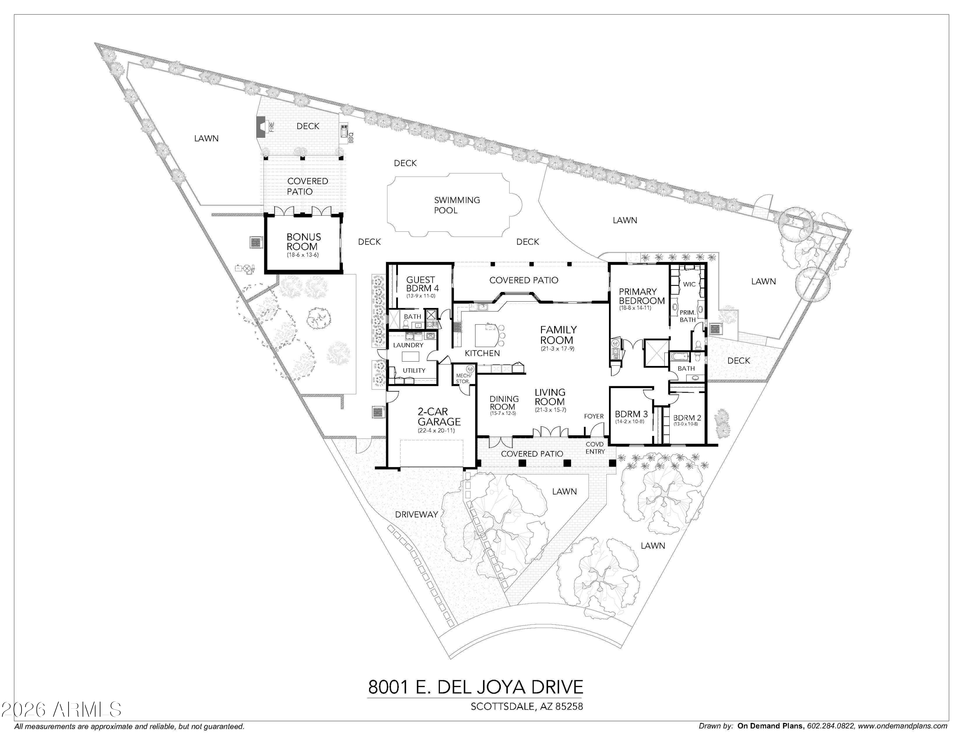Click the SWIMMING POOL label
(456, 205)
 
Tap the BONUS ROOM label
(303, 242)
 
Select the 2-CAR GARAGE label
(439, 416)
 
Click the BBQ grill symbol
(344, 131)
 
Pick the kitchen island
(486, 335)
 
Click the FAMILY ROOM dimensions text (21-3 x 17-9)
(557, 349)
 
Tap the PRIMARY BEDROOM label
(641, 296)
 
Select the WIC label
(689, 284)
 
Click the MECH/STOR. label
(463, 379)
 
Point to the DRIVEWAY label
(416, 514)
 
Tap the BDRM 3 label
(631, 414)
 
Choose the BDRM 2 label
(687, 418)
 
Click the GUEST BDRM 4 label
(422, 284)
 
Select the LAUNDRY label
(408, 345)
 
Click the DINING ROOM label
(503, 403)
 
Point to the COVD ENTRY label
(595, 448)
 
